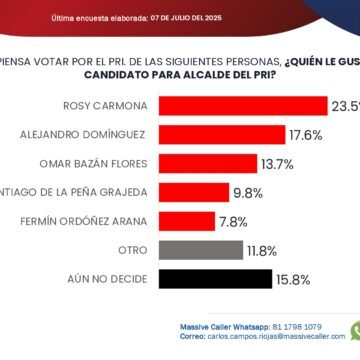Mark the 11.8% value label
pyautogui.click(x=262, y=250)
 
